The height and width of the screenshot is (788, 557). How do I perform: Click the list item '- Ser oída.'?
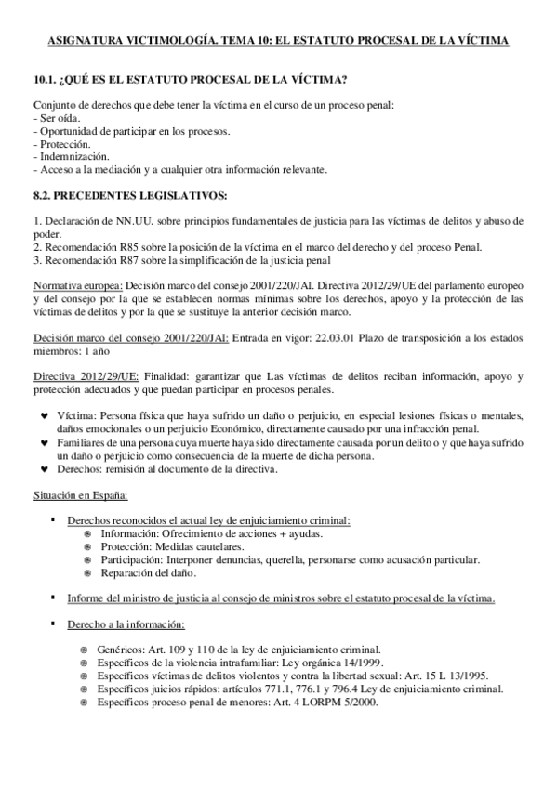[x=58, y=120]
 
